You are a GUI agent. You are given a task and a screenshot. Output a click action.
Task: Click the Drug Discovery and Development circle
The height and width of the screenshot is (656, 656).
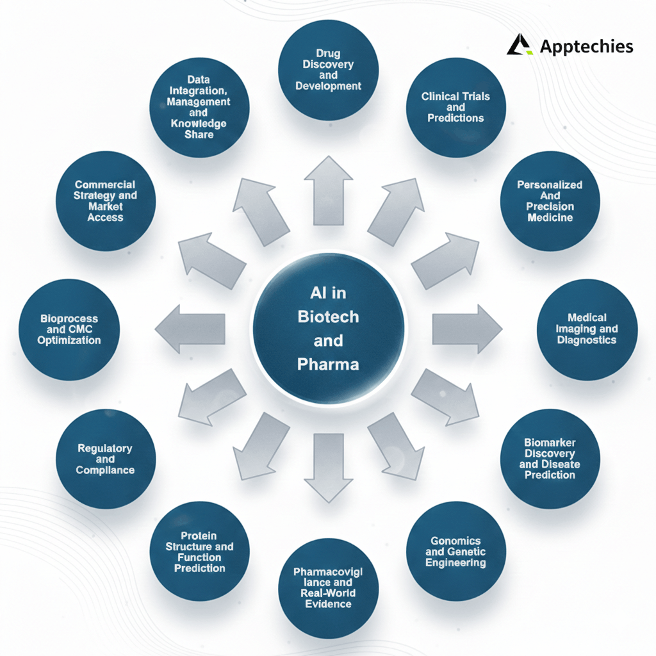pos(328,70)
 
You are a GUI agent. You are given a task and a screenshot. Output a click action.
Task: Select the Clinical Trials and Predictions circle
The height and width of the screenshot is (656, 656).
pos(456,107)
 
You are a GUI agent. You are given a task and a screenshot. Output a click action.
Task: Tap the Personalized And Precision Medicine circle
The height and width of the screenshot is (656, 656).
pos(550,201)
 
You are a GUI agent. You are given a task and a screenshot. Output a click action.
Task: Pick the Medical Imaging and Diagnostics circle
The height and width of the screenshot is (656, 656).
pos(587,329)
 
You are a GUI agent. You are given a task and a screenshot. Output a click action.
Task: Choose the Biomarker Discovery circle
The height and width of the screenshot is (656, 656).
pos(550,458)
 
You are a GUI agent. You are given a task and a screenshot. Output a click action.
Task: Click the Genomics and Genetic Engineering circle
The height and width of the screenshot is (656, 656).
pos(456,551)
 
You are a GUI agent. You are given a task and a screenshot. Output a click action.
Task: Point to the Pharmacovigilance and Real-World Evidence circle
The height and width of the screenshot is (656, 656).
pos(328,587)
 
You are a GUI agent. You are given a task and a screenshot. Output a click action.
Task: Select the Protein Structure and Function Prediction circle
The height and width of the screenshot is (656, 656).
pos(199,552)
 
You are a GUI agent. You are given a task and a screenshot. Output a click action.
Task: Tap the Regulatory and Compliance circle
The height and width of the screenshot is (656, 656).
pos(106,459)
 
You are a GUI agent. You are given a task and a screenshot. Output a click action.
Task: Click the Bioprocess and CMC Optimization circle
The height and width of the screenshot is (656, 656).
pos(69,329)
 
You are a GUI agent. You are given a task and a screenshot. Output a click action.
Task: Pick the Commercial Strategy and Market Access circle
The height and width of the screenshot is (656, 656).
pos(106,201)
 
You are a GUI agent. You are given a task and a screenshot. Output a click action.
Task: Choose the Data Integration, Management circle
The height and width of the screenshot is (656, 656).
pos(199,107)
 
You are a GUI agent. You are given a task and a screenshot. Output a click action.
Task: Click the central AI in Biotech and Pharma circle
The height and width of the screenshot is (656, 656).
pos(328,328)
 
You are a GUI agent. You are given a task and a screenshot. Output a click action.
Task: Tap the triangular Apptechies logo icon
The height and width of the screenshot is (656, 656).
pos(520,45)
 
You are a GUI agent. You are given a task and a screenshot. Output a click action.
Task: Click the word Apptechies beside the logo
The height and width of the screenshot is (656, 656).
pos(586,46)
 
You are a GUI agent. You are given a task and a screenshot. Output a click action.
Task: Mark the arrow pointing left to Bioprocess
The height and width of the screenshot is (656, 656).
pos(190,329)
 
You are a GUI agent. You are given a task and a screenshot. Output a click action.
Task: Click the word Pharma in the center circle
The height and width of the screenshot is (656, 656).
pos(328,365)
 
